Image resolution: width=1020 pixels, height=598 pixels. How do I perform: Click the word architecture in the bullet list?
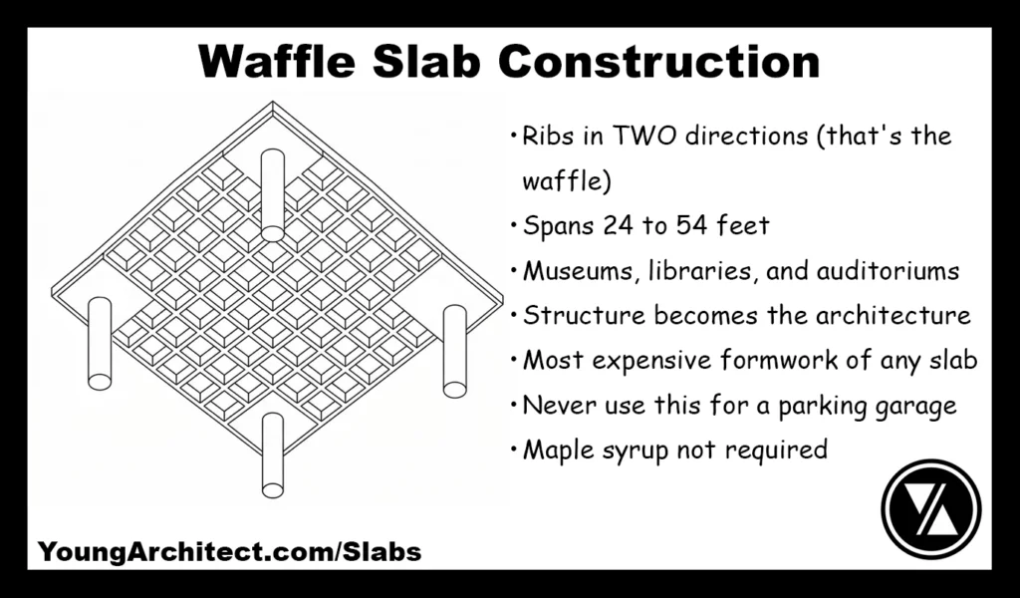[x=891, y=316]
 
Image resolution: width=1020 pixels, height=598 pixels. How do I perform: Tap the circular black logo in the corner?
[x=930, y=507]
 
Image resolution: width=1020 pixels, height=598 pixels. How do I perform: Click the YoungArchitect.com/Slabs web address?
[x=229, y=551]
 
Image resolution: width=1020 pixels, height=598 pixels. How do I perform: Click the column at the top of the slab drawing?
[x=272, y=194]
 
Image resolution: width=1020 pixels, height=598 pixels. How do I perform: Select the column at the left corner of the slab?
[x=100, y=344]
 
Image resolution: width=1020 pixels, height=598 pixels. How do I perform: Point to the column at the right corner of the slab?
[x=454, y=351]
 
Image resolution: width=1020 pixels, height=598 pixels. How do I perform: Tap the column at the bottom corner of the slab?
[x=272, y=453]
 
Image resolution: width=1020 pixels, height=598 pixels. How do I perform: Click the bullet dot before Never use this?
[x=512, y=407]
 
